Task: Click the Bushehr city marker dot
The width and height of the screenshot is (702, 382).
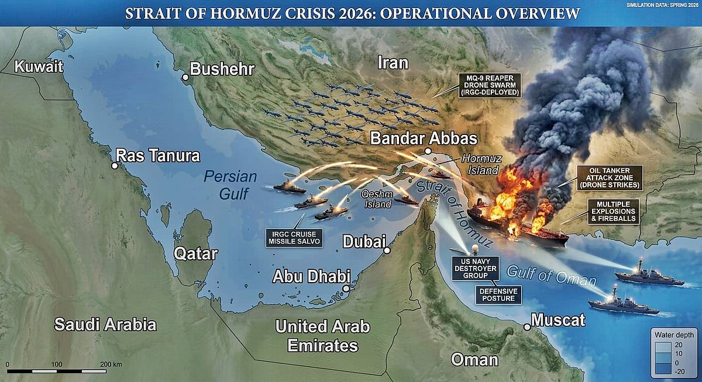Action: pos(185,77)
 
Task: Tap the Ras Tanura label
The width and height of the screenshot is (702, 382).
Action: pos(158,156)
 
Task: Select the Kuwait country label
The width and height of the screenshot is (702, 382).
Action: pos(39,67)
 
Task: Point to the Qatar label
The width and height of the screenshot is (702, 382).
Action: pos(195,253)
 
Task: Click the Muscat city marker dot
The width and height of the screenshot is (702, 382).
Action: pos(527,327)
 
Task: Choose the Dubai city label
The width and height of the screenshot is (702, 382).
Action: pos(363,241)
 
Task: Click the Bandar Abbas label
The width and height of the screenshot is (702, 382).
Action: pos(424,139)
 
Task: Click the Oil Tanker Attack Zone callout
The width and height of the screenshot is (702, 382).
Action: pos(609,178)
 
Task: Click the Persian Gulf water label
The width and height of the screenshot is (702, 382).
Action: pos(229,185)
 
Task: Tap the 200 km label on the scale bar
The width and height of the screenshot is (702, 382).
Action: pos(111,364)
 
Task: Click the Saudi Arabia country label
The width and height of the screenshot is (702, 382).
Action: pos(105,325)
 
